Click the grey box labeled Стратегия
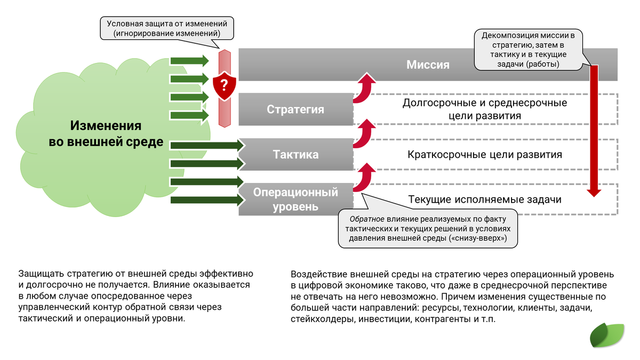pyautogui.click(x=295, y=109)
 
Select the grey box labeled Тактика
pyautogui.click(x=295, y=155)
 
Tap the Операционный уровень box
pyautogui.click(x=295, y=199)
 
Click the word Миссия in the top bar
pyautogui.click(x=428, y=65)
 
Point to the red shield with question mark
pyautogui.click(x=224, y=85)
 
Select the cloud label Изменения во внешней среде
pyautogui.click(x=106, y=134)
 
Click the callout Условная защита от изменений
pyautogui.click(x=167, y=28)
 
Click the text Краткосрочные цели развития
pyautogui.click(x=484, y=155)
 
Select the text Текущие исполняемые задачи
pyautogui.click(x=484, y=199)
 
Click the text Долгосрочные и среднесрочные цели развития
pyautogui.click(x=484, y=109)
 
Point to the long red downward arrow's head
pyautogui.click(x=594, y=192)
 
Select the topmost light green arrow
pyautogui.click(x=189, y=60)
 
